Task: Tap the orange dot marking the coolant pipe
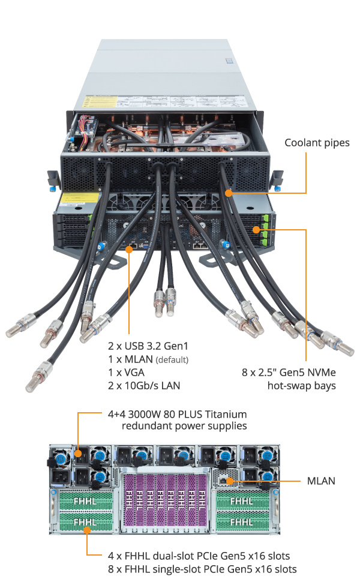click(x=228, y=193)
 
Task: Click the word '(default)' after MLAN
click(x=172, y=359)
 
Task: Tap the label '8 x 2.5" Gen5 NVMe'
click(x=289, y=372)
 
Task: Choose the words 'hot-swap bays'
click(x=301, y=385)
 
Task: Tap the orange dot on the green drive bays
click(x=256, y=229)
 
